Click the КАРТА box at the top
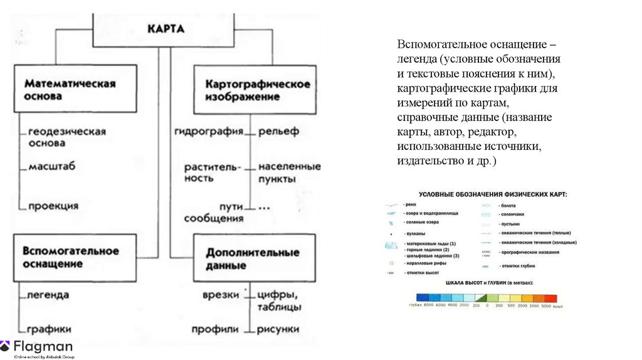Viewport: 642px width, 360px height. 165,29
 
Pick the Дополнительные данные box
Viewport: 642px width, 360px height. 253,258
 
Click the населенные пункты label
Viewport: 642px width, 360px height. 289,172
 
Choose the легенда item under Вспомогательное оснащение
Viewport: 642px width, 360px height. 48,294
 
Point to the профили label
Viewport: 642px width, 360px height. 215,329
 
